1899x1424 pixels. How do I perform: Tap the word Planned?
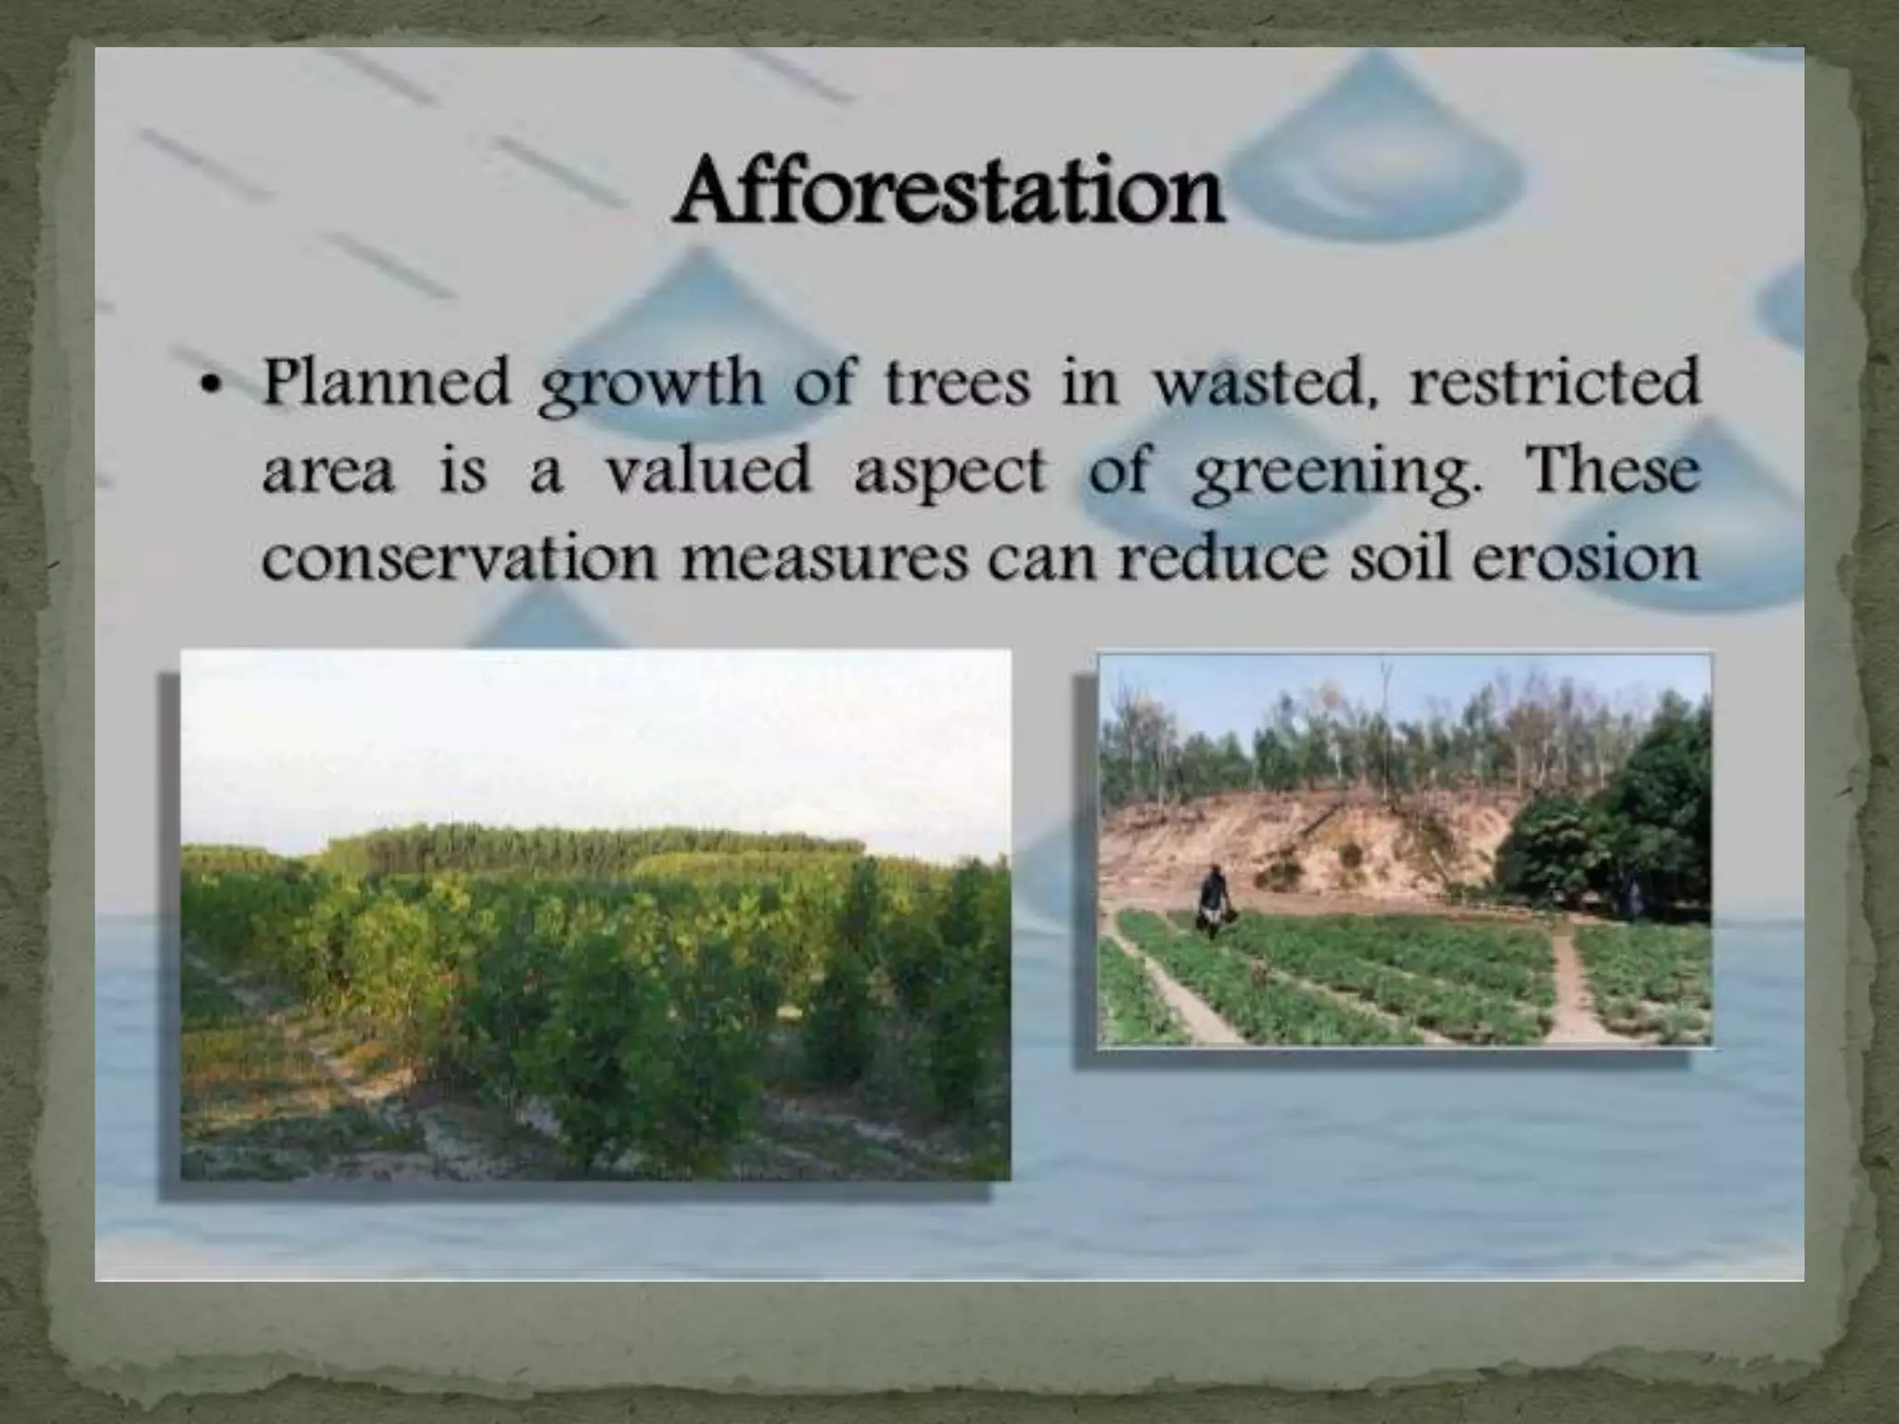pos(387,383)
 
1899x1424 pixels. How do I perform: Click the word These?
pos(1612,470)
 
